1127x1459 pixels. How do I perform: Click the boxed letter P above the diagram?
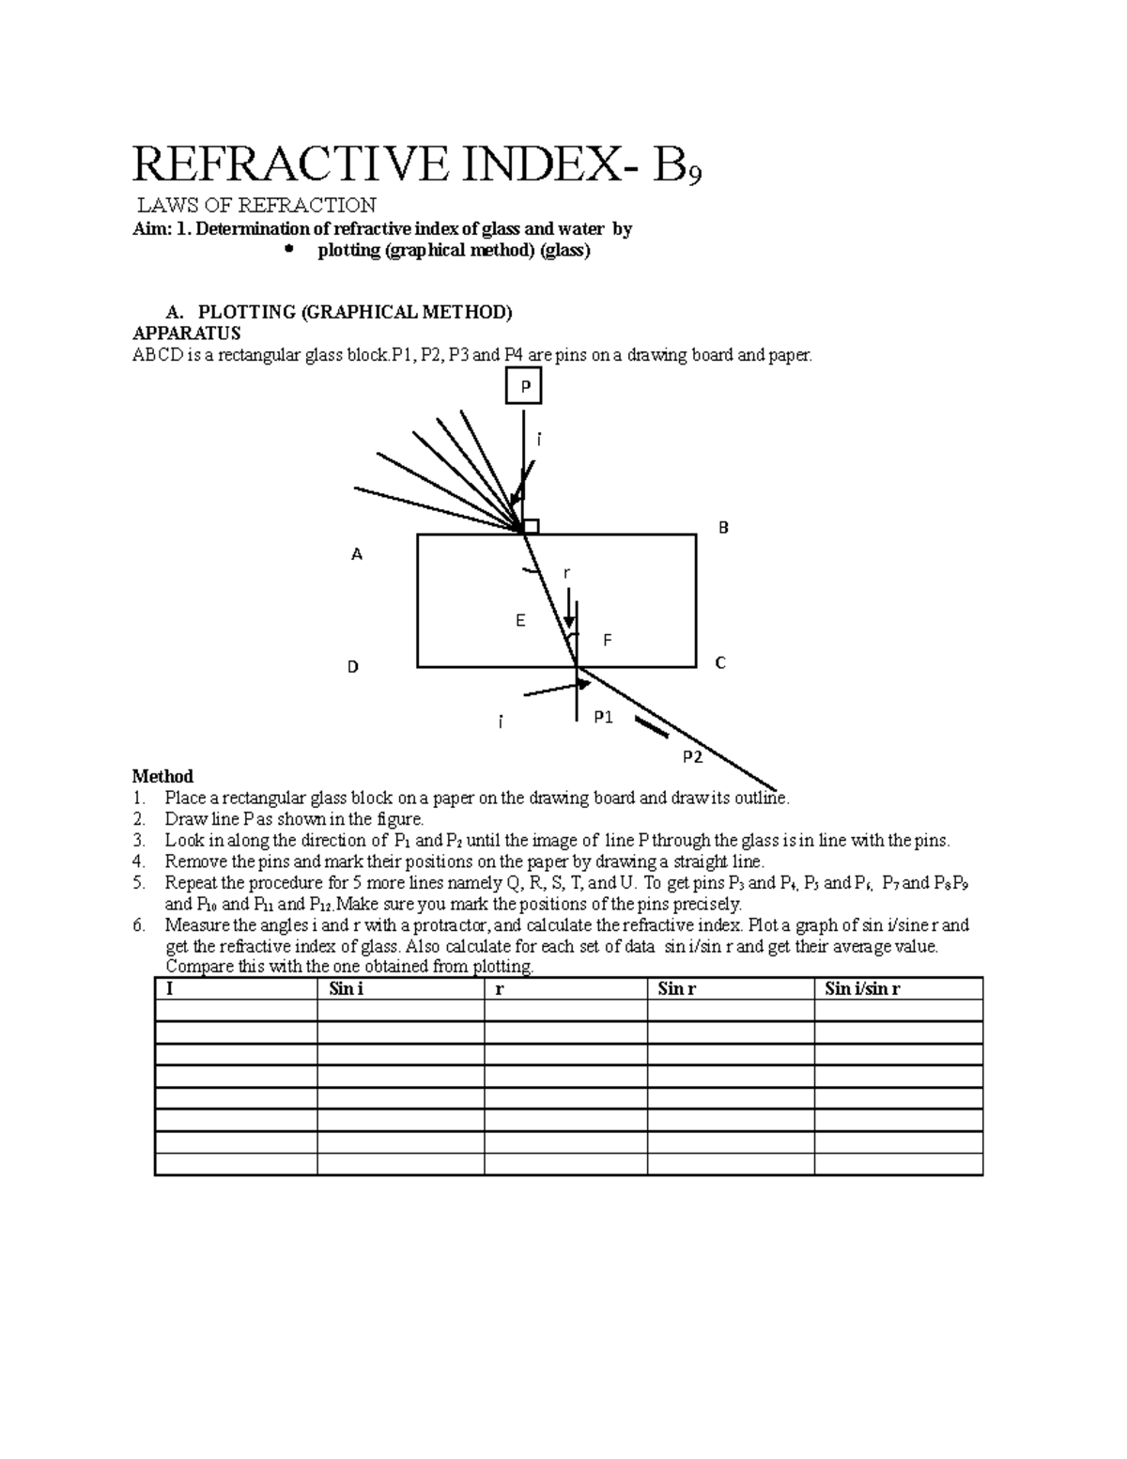pos(524,386)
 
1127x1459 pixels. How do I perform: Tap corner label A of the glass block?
pos(357,555)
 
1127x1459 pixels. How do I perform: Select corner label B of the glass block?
pos(723,528)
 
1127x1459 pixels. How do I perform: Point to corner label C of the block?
pos(720,663)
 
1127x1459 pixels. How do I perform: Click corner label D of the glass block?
pos(353,667)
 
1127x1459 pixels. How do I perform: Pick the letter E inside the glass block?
pos(520,621)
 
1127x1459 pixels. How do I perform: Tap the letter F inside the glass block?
pos(607,641)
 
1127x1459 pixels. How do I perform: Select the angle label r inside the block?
pos(566,573)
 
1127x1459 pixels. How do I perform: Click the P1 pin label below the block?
pos(603,718)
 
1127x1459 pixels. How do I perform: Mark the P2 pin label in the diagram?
pos(692,757)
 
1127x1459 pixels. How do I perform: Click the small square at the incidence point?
pos(531,526)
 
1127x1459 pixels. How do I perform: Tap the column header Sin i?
pos(347,988)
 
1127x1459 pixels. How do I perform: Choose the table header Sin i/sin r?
pos(862,988)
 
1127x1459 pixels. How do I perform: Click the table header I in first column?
pos(169,988)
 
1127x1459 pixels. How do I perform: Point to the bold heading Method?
pos(162,776)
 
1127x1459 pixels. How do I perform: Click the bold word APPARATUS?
pos(187,334)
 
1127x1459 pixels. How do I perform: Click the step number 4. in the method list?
pos(139,861)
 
